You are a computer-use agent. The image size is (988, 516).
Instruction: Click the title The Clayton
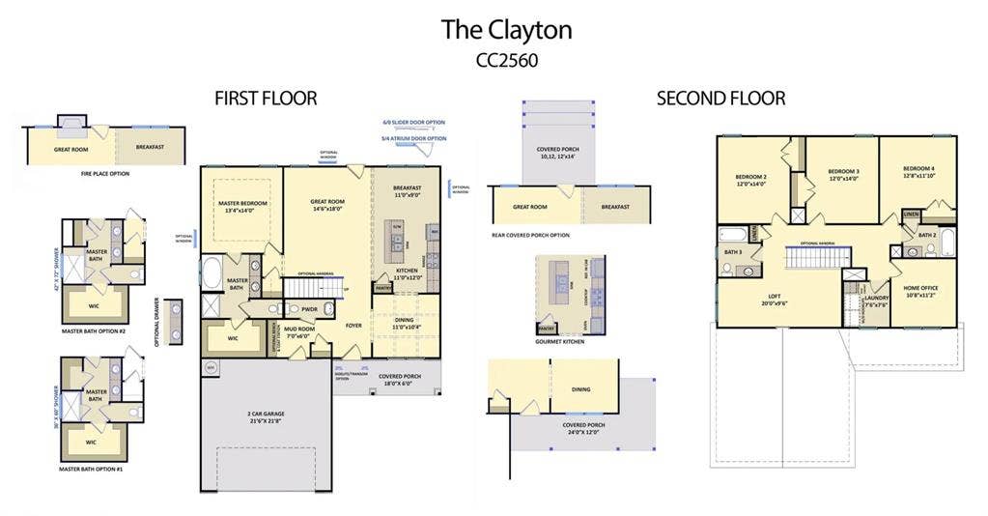point(506,30)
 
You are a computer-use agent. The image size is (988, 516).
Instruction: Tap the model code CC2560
point(506,60)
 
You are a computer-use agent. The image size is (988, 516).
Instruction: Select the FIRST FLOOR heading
point(266,99)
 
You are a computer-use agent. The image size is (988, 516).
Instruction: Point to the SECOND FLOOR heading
point(720,99)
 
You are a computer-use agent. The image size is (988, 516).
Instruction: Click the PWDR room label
point(309,310)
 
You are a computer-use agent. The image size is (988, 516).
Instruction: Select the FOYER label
point(353,326)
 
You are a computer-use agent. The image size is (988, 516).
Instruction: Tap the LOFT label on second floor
point(775,298)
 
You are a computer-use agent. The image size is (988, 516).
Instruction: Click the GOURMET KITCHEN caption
point(560,342)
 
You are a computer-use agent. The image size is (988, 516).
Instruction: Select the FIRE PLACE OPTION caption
point(105,174)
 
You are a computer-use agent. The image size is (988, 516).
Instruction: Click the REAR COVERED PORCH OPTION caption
point(529,235)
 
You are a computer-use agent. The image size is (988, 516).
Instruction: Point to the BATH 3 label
point(732,252)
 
